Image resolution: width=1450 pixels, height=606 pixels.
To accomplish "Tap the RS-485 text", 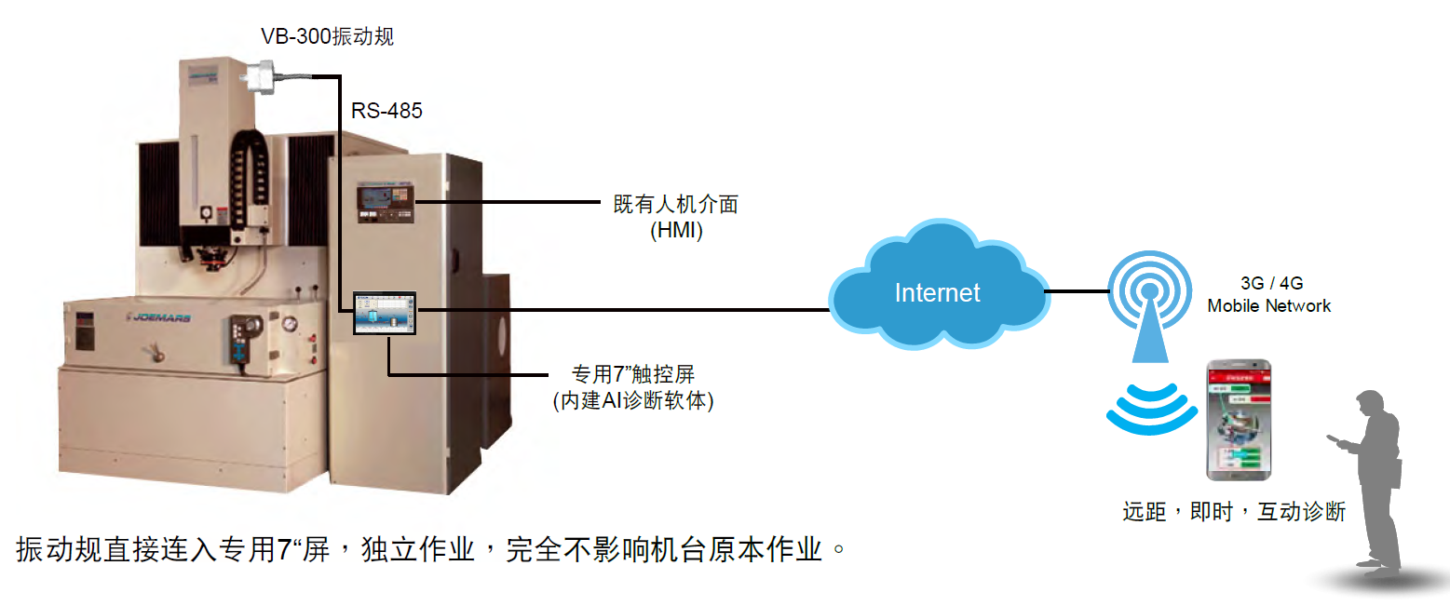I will pos(386,112).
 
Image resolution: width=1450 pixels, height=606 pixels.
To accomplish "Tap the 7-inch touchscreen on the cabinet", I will pos(385,313).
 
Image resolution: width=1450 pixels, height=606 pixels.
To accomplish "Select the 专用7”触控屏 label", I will pos(633,375).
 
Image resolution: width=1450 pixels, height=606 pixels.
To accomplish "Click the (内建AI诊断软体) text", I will pos(633,401).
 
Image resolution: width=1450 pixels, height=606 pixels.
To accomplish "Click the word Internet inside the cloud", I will pos(937,292).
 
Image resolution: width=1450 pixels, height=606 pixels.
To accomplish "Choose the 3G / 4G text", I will pos(1268,283).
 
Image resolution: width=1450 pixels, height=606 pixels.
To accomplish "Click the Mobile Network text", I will pos(1268,305).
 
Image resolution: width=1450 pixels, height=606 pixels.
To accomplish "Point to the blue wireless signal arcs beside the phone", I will pos(1151,410).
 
